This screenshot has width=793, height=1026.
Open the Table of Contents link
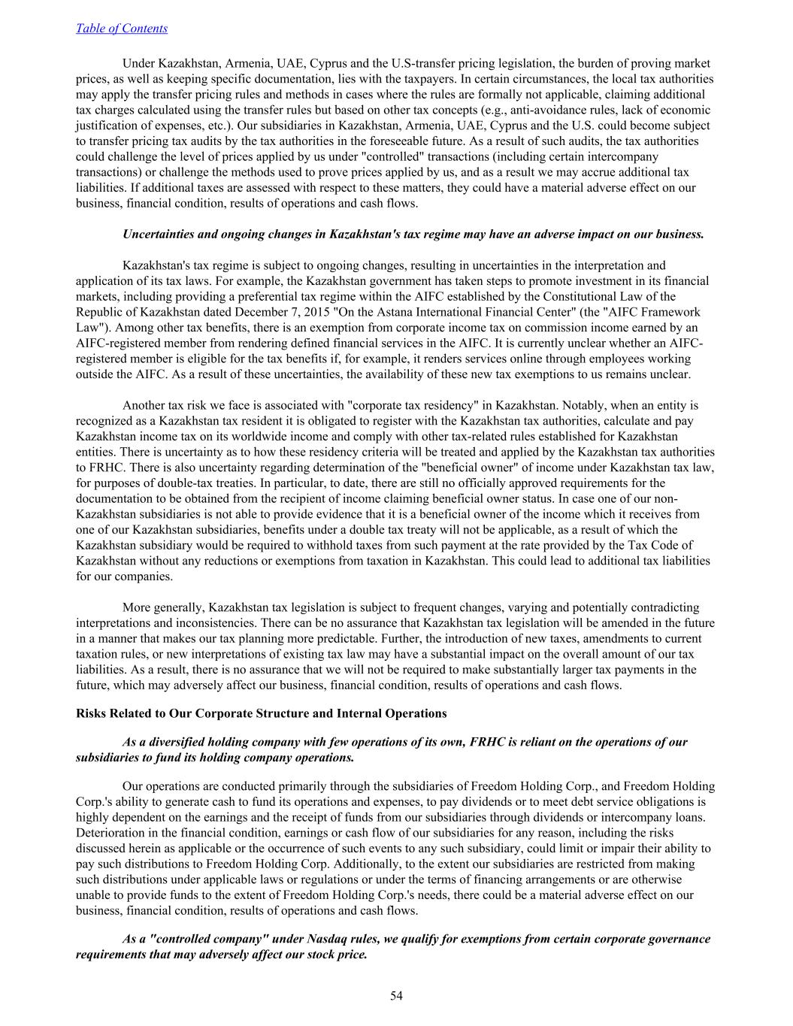click(x=122, y=29)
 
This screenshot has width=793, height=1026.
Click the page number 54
click(x=396, y=996)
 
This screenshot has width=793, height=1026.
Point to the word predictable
click(x=462, y=638)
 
